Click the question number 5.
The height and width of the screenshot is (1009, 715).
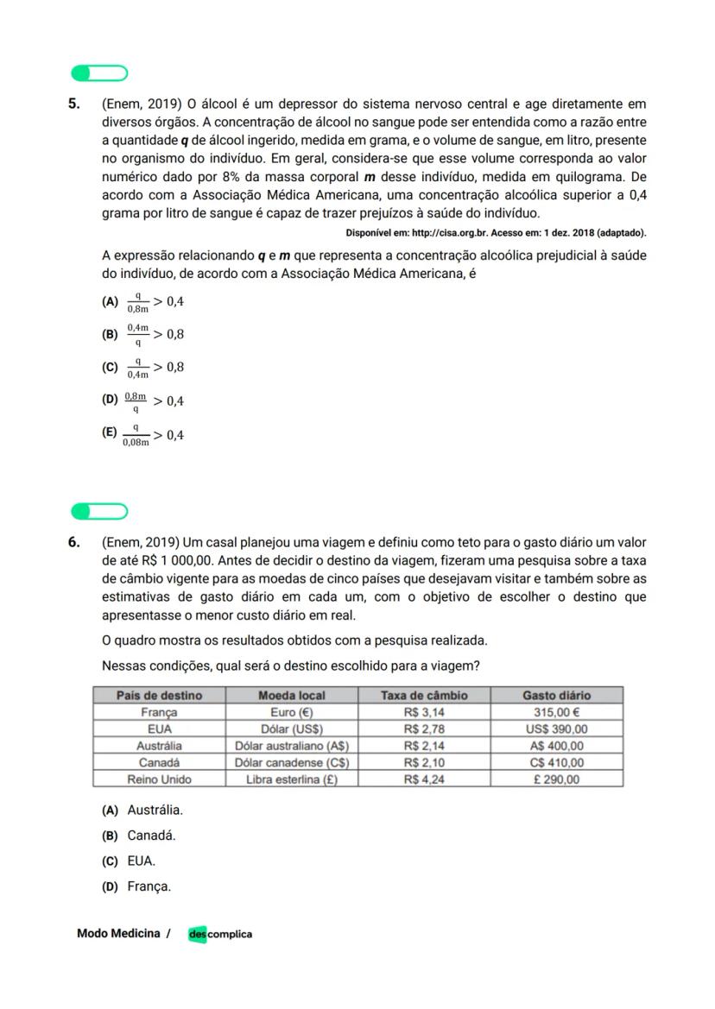[75, 104]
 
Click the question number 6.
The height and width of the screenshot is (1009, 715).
[75, 542]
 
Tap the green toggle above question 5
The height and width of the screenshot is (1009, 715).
[98, 73]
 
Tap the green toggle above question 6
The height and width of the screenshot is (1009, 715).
[98, 511]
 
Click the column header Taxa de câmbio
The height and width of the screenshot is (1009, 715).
[424, 695]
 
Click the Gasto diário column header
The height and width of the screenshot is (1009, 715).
[556, 695]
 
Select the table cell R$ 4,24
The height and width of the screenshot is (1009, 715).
[424, 779]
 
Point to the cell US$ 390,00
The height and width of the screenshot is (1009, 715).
[556, 728]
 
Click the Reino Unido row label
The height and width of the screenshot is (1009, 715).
[159, 779]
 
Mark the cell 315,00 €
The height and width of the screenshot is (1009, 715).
[556, 712]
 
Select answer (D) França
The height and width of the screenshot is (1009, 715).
[137, 886]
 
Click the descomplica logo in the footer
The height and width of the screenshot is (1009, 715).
[220, 934]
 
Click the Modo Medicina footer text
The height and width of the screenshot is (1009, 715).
[118, 933]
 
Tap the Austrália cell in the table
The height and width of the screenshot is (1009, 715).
[159, 746]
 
